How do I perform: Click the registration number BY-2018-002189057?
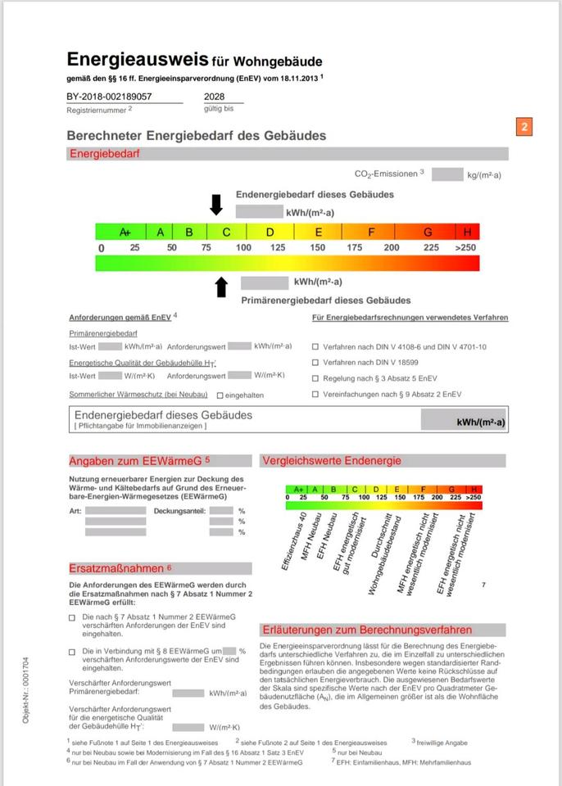point(109,97)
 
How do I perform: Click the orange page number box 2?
point(525,126)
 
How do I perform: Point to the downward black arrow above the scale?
point(216,205)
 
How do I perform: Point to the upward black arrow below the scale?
point(220,286)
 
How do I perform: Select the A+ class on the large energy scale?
point(125,232)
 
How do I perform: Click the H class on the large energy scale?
point(468,232)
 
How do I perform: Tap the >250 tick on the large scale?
point(465,247)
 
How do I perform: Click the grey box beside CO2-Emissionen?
point(447,174)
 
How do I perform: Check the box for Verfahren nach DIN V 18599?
point(315,362)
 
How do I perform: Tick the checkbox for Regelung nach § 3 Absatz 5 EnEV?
point(315,378)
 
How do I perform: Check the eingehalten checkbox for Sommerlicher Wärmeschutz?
point(220,395)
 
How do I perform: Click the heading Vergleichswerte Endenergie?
point(332,461)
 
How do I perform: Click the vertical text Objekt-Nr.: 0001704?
point(27,686)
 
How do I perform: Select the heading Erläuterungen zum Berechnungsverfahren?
point(366,630)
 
